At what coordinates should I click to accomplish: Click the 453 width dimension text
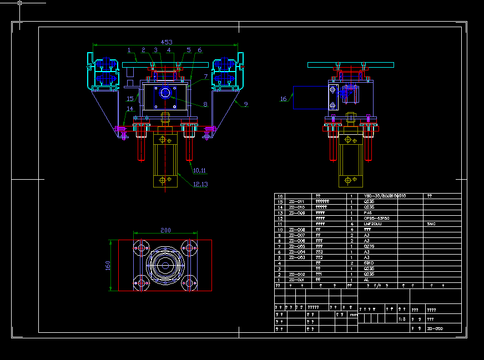(166, 42)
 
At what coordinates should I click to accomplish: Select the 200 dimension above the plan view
(165, 230)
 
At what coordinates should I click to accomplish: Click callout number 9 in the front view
(246, 104)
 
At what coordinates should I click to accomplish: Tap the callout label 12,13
(200, 184)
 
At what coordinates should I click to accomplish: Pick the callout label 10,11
(199, 171)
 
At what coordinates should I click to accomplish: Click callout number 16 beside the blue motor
(284, 99)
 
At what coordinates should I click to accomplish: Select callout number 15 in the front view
(129, 99)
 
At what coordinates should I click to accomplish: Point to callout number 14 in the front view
(130, 109)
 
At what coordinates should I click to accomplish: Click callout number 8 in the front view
(205, 104)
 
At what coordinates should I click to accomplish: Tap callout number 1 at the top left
(128, 50)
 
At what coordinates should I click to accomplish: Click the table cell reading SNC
(432, 224)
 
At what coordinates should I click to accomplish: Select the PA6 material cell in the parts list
(367, 213)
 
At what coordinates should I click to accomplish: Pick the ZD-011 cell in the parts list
(296, 202)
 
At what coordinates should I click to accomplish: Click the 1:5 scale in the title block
(402, 320)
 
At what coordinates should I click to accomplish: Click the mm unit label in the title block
(353, 315)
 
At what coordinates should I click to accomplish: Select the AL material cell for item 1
(366, 280)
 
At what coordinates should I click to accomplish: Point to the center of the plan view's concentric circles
(165, 266)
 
